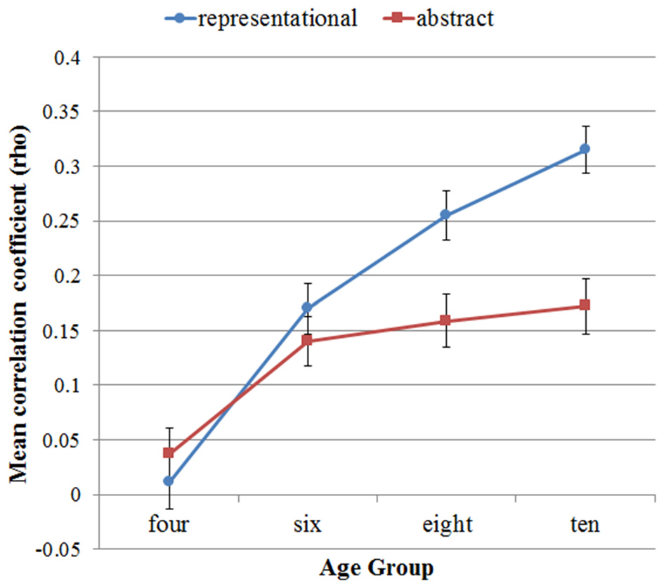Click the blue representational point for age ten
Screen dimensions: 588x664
585,149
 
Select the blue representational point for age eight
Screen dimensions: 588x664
445,215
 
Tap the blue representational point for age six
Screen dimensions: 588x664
307,308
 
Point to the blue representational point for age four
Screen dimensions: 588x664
169,481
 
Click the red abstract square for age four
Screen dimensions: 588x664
169,453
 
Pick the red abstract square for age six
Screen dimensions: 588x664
307,341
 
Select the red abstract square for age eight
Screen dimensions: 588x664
445,321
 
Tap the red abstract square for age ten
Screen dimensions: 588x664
585,306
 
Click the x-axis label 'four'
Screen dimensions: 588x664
169,525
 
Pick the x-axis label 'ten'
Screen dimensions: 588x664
585,525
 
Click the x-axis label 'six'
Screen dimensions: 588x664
307,525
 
